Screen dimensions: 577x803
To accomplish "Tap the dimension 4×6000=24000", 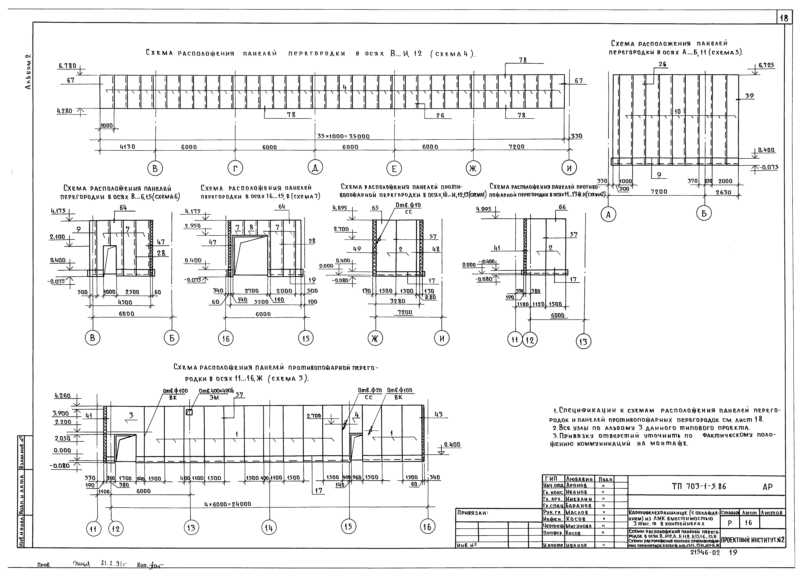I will coord(228,504).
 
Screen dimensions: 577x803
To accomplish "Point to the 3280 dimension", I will coord(398,301).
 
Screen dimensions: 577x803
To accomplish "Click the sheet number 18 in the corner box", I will coord(784,18).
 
